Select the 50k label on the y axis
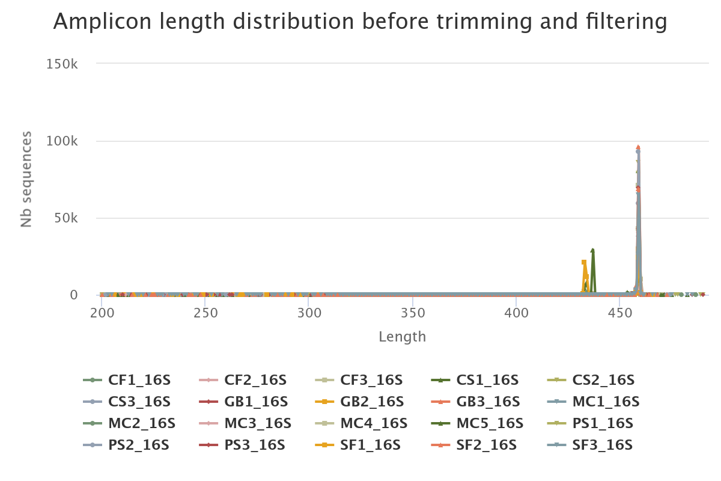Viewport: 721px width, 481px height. coord(65,218)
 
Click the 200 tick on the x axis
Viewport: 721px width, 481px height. coord(102,313)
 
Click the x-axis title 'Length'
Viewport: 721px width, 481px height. coord(402,337)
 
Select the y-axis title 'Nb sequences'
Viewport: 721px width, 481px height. coord(26,180)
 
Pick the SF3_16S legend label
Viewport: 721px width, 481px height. coord(603,445)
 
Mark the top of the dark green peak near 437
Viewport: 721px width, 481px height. coord(592,250)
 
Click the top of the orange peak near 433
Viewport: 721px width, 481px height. coord(583,262)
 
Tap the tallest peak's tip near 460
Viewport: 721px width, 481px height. coord(638,147)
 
